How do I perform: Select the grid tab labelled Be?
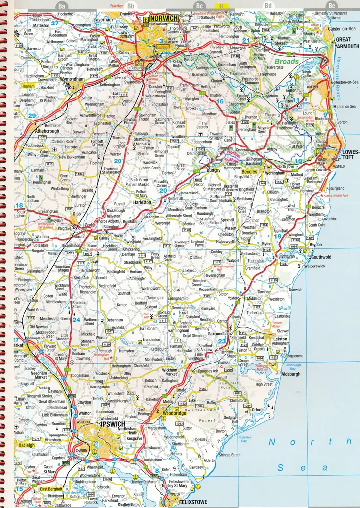[332, 6]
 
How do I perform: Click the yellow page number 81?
[222, 5]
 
